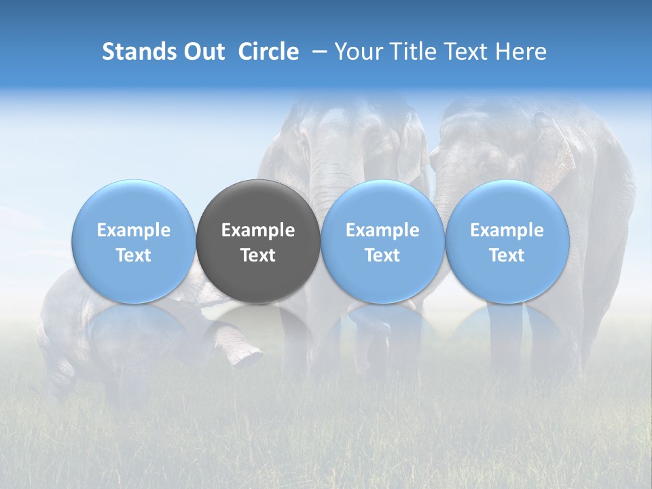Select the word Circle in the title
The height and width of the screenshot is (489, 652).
click(268, 52)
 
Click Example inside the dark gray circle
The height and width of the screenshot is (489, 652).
click(258, 230)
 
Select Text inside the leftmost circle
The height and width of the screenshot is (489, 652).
click(134, 255)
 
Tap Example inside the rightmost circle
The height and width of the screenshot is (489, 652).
click(507, 230)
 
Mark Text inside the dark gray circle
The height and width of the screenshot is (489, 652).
click(258, 255)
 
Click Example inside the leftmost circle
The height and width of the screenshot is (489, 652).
click(134, 230)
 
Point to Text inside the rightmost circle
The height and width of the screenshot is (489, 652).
click(507, 255)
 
